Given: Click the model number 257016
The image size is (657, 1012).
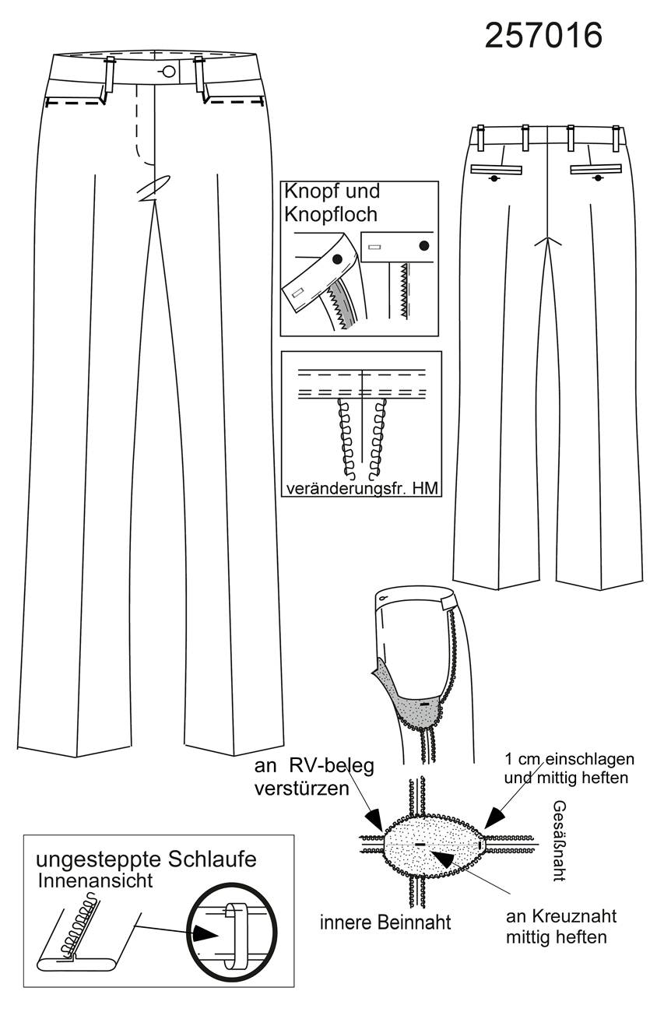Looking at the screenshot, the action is point(543,36).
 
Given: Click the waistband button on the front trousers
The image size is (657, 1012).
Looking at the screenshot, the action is point(169,72).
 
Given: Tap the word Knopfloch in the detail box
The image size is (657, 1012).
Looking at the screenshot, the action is point(331,214).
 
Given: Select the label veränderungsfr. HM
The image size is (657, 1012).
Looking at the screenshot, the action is point(362,488).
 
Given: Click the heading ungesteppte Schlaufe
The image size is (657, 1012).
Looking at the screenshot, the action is point(146,859).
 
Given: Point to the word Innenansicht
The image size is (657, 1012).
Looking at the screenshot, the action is point(95,880).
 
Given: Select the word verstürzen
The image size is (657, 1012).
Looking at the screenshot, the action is point(301,789).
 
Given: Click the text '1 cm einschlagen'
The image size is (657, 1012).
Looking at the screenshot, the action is point(569,758).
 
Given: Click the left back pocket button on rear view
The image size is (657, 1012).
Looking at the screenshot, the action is point(495,178).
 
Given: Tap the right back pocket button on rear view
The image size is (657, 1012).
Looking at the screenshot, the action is point(598,178).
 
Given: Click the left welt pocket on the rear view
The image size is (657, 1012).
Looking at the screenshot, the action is point(497,170).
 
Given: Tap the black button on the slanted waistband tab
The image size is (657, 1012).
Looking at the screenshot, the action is point(336,259).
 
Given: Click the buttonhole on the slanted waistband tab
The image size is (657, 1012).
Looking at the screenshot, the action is point(299,293).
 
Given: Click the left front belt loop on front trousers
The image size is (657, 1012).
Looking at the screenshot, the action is point(108,79).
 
